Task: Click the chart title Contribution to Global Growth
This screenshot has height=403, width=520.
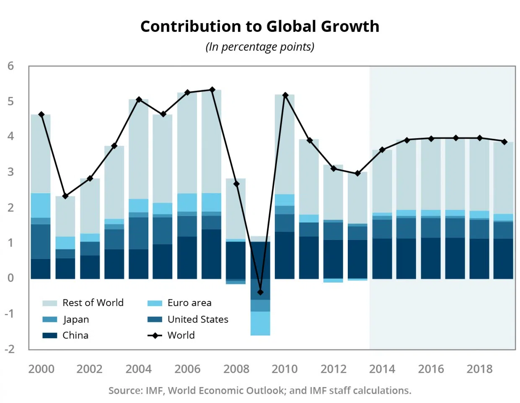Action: pos(260,26)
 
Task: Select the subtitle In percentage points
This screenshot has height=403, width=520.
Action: pos(260,47)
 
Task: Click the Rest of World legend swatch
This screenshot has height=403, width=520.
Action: pos(49,303)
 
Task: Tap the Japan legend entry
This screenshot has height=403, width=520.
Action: pos(76,319)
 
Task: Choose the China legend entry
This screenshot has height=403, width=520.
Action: pos(75,335)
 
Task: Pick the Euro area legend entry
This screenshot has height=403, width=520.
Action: pos(189,303)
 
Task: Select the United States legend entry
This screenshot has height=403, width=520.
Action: pos(198,319)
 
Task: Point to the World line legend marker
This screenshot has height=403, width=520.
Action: pos(155,335)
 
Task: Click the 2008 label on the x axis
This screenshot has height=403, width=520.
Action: pos(236,369)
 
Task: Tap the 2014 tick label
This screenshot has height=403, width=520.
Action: pos(382,369)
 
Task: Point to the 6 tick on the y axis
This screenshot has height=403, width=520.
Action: pos(10,66)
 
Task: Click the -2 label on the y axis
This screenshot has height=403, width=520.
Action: pos(9,349)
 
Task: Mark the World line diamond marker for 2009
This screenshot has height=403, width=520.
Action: pos(260,292)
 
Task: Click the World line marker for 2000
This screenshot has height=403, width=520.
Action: pos(41,115)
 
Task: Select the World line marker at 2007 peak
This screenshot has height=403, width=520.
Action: pos(212,90)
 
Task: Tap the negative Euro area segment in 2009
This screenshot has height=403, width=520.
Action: pos(260,323)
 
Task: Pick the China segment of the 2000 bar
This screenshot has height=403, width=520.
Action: pos(41,269)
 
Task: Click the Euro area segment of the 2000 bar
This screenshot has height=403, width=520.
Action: pos(41,205)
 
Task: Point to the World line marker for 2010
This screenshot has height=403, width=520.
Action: pos(285,95)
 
